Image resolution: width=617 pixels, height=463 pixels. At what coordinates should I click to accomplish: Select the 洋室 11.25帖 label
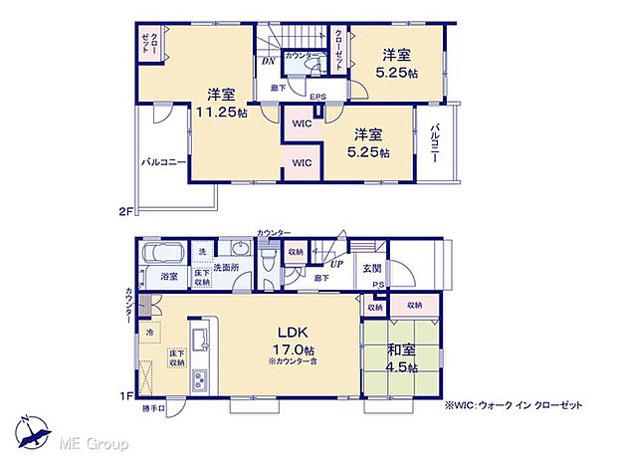[x=221, y=104]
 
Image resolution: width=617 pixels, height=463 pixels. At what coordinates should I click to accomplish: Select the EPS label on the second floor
[x=315, y=97]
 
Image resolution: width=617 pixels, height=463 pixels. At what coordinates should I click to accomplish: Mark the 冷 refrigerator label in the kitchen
[x=150, y=332]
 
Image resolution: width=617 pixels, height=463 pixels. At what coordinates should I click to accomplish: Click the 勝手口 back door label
[x=152, y=408]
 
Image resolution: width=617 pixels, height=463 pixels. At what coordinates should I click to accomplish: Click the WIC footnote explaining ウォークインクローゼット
[x=513, y=405]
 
